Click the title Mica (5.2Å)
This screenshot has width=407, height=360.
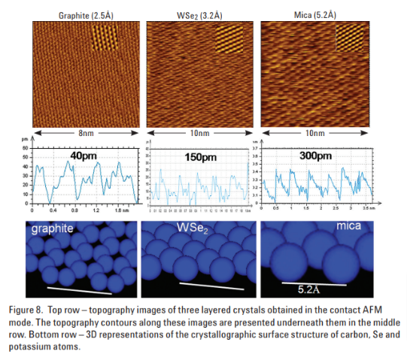(x=315, y=14)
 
